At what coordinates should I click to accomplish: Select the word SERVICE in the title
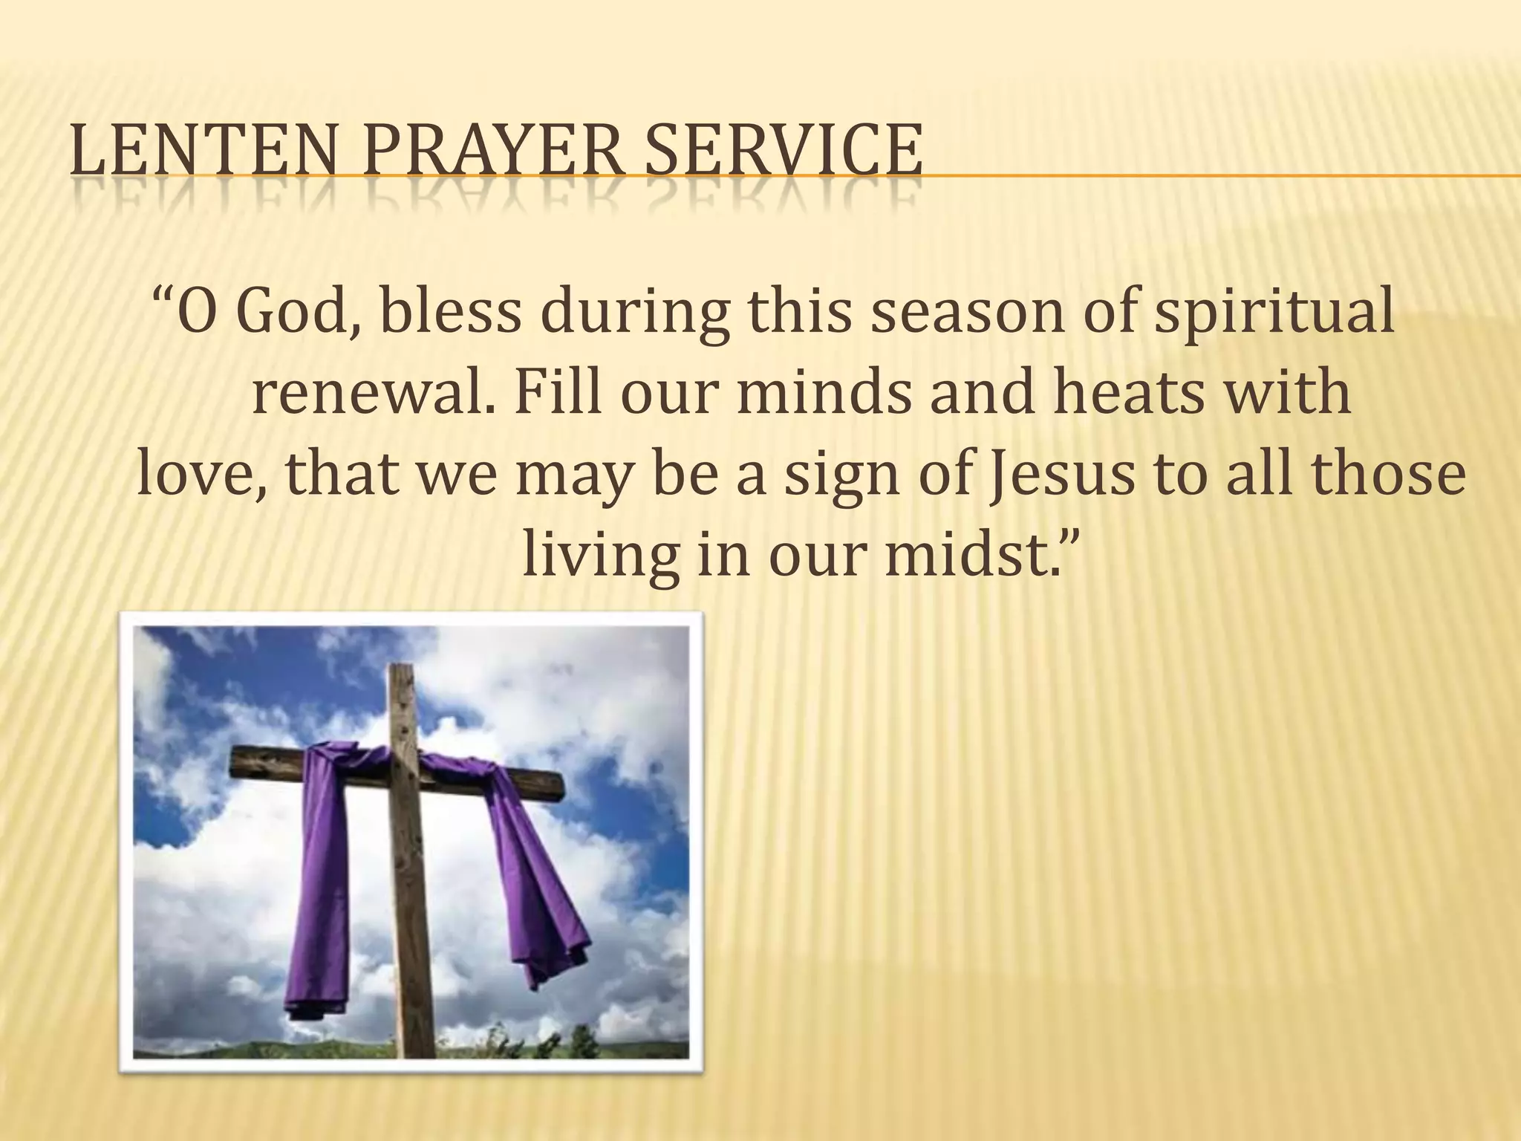(784, 154)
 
